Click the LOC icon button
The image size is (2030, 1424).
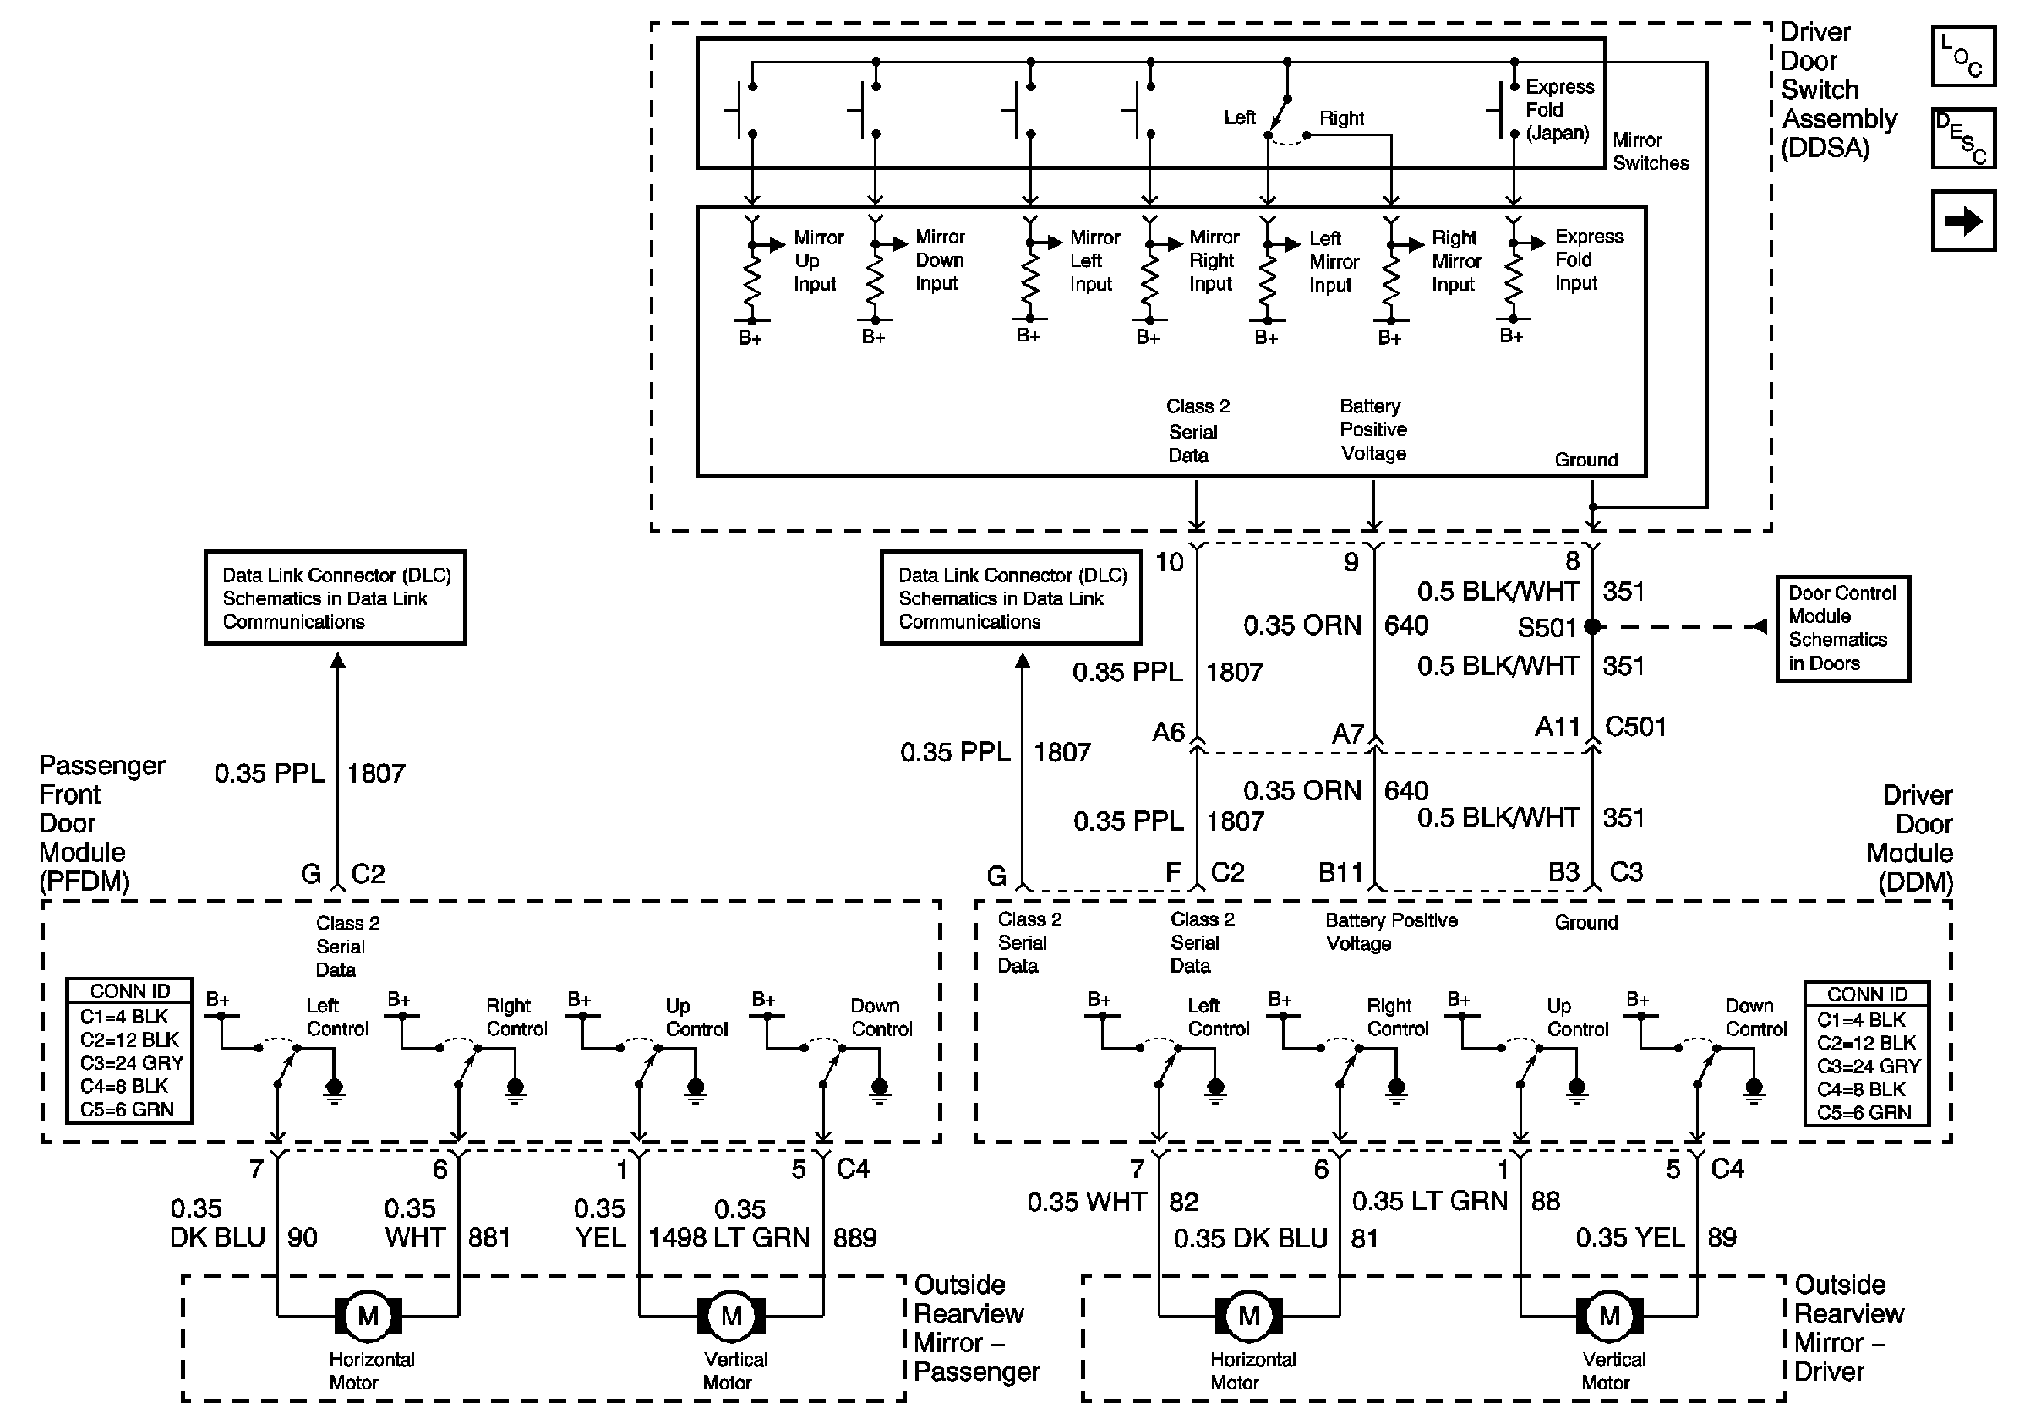(x=1962, y=56)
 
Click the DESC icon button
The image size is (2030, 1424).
(x=1962, y=138)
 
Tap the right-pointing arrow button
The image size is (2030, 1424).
(x=1962, y=220)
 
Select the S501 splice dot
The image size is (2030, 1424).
(x=1592, y=627)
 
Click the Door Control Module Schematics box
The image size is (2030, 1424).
(x=1843, y=629)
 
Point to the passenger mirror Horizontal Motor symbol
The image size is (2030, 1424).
(x=368, y=1316)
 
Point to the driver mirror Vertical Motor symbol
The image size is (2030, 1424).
(x=1609, y=1316)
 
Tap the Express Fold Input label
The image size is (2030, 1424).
(x=1589, y=260)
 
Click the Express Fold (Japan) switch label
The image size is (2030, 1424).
(x=1558, y=110)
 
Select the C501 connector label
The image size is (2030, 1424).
(x=1635, y=727)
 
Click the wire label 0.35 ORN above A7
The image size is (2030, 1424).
(x=1301, y=626)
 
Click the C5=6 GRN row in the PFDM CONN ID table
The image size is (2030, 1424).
(x=128, y=1110)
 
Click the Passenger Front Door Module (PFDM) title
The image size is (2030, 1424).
(x=101, y=823)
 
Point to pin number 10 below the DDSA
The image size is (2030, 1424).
(x=1169, y=562)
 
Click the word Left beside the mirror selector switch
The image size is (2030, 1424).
(x=1240, y=117)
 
